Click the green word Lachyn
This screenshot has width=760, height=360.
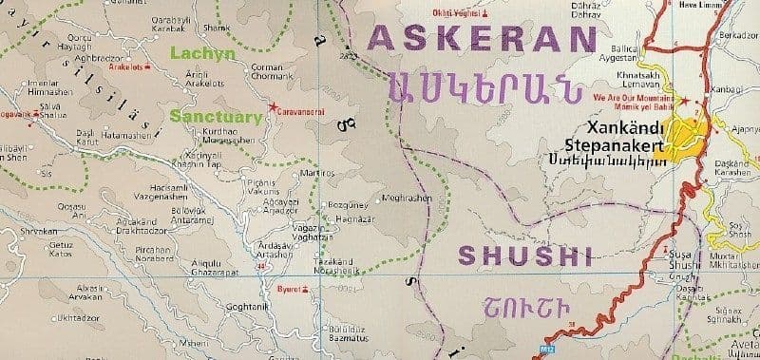pyautogui.click(x=202, y=55)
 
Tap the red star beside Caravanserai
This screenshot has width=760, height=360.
pyautogui.click(x=274, y=105)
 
